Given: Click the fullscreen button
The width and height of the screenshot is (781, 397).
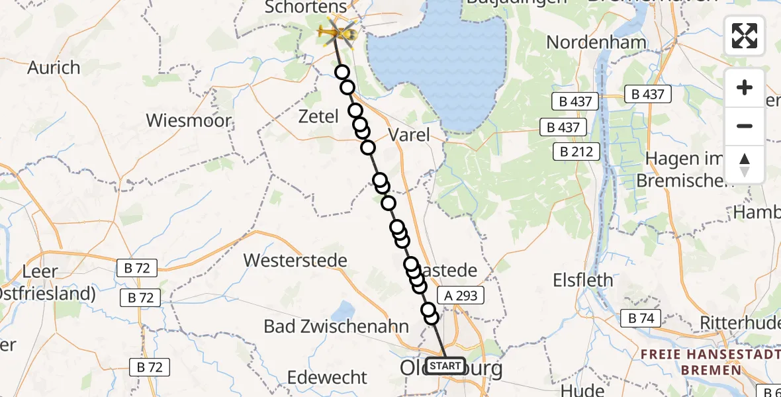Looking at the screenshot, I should point(745,36).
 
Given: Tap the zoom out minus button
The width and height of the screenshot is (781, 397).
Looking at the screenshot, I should point(745,126).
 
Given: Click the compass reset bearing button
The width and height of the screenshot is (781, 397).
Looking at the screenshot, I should point(745,165).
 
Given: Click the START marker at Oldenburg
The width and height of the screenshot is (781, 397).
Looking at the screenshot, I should point(445,366).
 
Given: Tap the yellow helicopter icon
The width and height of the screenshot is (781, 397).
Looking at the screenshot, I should point(337,31).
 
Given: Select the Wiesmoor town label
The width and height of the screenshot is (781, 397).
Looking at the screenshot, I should point(189,120).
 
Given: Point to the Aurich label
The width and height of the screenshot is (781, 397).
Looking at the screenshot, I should point(54,67).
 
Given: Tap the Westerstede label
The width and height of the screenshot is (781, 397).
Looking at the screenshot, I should point(295,260).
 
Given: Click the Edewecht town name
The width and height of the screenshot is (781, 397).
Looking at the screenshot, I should point(327,377).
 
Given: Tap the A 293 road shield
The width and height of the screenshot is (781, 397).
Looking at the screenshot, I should point(461,296).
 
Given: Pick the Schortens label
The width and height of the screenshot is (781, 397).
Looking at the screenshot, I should point(306,7).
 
